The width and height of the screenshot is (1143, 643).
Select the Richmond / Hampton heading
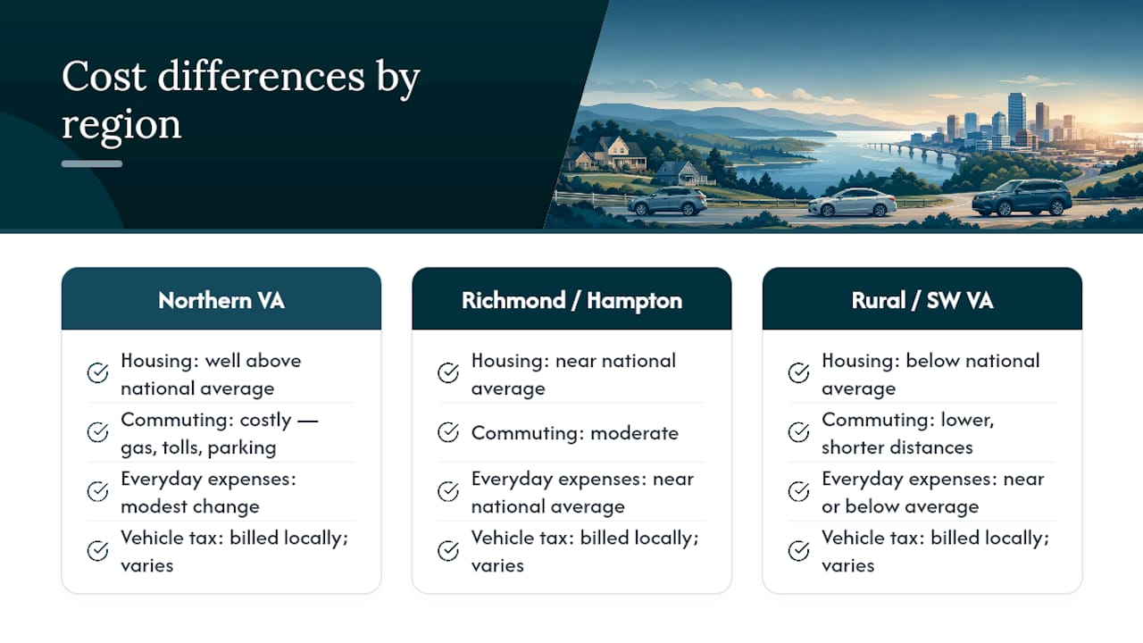(x=571, y=301)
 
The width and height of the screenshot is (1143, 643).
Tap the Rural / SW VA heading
(x=922, y=301)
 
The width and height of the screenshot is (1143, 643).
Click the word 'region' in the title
(x=121, y=126)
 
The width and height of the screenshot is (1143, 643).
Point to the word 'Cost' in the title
(x=104, y=77)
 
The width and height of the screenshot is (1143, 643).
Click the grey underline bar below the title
(x=92, y=163)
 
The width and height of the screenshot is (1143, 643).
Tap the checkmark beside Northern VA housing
(x=97, y=372)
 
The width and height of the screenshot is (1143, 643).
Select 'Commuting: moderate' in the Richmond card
(x=574, y=433)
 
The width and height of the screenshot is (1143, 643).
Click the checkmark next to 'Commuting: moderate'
(x=448, y=432)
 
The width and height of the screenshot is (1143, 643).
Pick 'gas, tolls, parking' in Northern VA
(x=198, y=447)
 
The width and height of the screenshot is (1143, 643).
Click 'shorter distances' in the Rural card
(x=897, y=447)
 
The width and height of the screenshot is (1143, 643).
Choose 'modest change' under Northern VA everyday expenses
(x=190, y=506)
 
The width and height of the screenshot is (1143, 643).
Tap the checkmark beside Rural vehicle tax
(x=798, y=551)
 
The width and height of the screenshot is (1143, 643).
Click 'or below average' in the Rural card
(x=900, y=506)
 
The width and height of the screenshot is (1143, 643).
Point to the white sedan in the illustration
(x=852, y=202)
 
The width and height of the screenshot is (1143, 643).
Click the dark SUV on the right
(x=1022, y=197)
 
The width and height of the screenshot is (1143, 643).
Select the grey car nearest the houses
(x=667, y=201)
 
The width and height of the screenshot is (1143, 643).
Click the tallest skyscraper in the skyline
(x=1016, y=116)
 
